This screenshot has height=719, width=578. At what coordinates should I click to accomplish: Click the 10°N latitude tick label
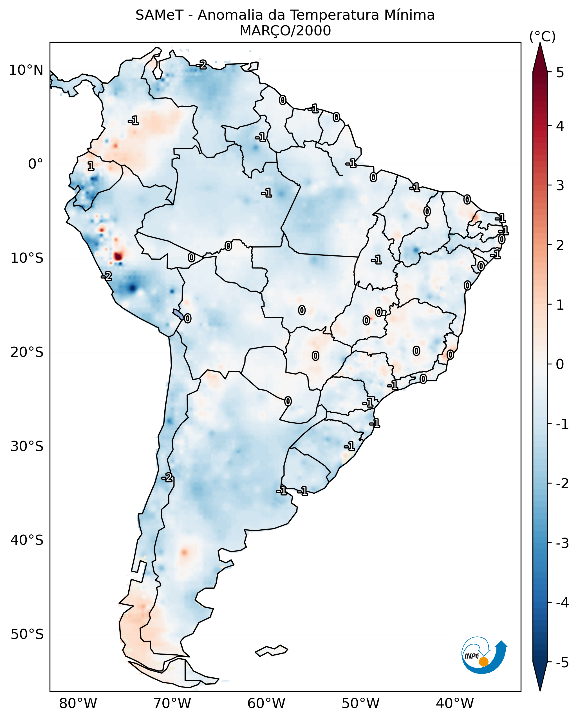coord(26,70)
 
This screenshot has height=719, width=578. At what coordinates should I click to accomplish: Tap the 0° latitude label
coord(35,164)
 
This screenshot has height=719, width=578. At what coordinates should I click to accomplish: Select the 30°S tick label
coord(27,446)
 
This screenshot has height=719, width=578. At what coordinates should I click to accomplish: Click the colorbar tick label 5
coord(560,72)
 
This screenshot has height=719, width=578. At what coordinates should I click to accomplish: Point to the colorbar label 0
coord(560,364)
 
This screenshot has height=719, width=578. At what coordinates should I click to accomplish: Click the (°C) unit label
coord(542,37)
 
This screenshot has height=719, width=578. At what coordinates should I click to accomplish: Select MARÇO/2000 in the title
coord(285,31)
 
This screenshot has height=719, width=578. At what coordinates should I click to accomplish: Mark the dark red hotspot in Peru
coord(118,257)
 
